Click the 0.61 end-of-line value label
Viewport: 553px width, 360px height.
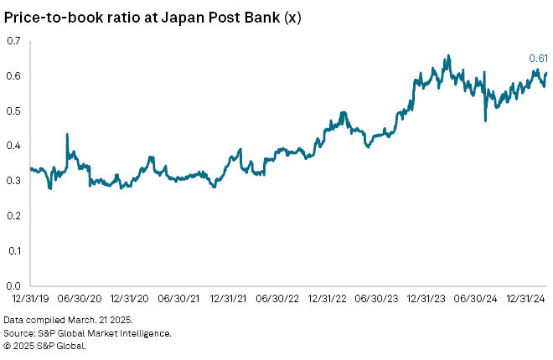pyautogui.click(x=537, y=58)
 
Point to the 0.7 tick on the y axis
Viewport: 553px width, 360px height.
pyautogui.click(x=13, y=40)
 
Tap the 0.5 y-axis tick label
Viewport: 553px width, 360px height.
pyautogui.click(x=13, y=111)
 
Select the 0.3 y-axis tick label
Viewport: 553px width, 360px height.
pyautogui.click(x=13, y=180)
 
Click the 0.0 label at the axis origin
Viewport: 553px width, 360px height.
pyautogui.click(x=13, y=285)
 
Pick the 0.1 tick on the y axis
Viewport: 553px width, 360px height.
pyautogui.click(x=13, y=250)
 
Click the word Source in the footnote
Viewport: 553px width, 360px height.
pyautogui.click(x=21, y=333)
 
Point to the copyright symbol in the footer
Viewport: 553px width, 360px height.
pyautogui.click(x=8, y=345)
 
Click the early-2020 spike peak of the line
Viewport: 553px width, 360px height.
pyautogui.click(x=66, y=134)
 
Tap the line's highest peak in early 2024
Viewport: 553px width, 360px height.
pyautogui.click(x=448, y=55)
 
